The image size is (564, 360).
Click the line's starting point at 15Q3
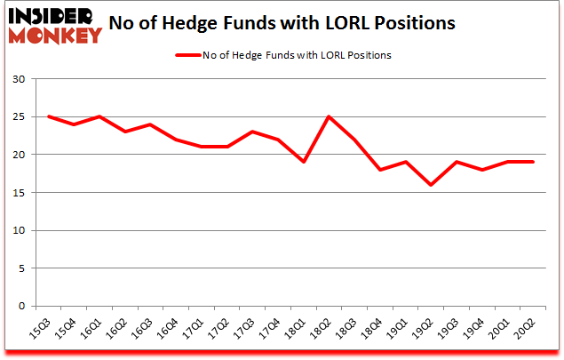coord(49,116)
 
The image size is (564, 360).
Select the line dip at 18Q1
coord(305,162)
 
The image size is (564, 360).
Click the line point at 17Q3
coord(253,132)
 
